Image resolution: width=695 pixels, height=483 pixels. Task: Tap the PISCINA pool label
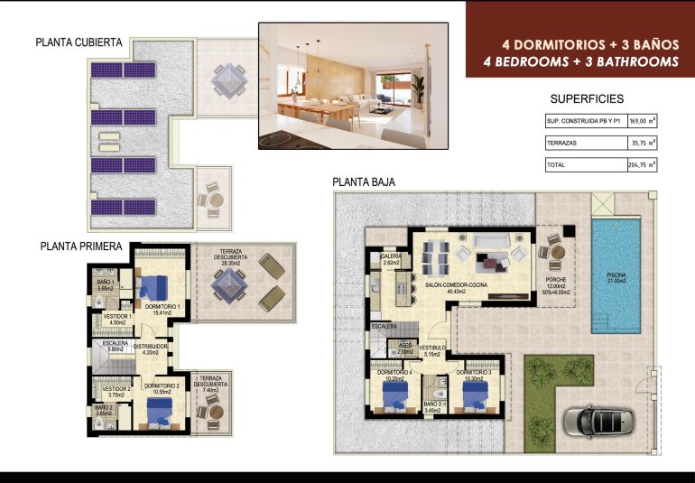tap(616, 278)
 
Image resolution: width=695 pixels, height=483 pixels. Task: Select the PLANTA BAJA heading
tap(363, 181)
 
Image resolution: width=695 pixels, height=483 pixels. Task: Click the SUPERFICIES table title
tap(587, 99)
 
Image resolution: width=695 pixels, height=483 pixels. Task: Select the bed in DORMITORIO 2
tap(161, 413)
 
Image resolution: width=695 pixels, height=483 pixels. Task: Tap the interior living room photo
tap(354, 86)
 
